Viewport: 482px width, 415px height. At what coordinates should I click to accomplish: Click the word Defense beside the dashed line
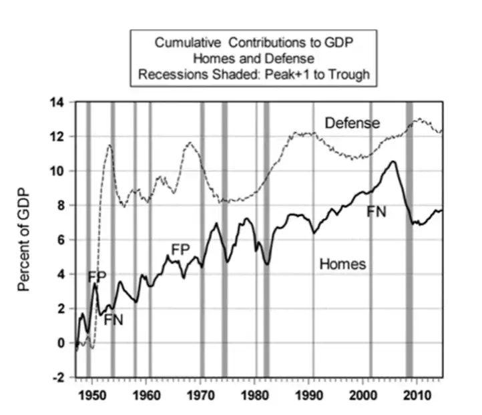(x=352, y=123)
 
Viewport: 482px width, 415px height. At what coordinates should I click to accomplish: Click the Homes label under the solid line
(x=342, y=264)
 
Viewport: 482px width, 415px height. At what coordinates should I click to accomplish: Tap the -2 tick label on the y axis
(x=60, y=378)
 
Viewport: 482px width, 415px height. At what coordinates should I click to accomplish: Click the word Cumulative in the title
(x=190, y=43)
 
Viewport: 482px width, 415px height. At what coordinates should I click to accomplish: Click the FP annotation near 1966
(x=181, y=250)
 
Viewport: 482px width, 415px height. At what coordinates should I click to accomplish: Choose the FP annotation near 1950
(x=97, y=276)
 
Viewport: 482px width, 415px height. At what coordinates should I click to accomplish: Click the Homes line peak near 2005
(x=394, y=161)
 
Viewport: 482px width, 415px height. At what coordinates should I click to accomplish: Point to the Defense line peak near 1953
(x=109, y=145)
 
